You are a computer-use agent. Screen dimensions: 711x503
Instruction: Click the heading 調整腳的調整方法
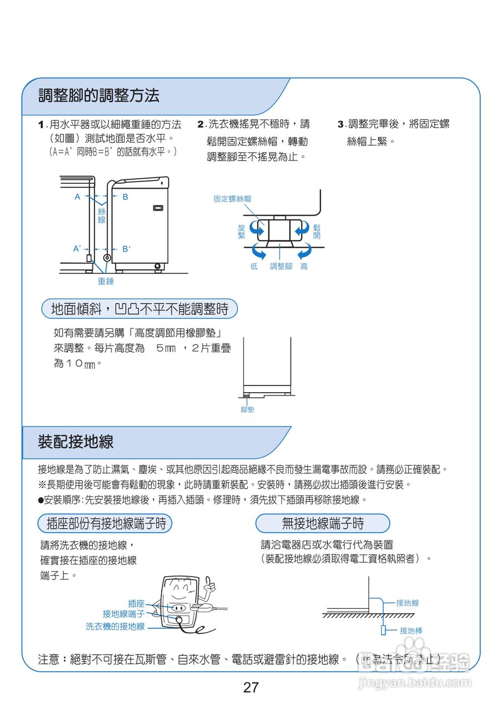click(98, 96)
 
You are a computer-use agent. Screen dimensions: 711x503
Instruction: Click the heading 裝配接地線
click(76, 442)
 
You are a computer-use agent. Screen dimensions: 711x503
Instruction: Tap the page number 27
click(251, 688)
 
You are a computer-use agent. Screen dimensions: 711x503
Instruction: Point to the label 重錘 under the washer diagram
click(106, 282)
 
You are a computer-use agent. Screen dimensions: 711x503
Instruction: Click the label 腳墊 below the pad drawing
click(247, 409)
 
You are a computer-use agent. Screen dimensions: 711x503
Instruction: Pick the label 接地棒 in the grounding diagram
click(411, 631)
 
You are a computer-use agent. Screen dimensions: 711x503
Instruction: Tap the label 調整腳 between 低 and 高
click(281, 267)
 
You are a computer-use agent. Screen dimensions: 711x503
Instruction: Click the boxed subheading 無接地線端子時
click(322, 523)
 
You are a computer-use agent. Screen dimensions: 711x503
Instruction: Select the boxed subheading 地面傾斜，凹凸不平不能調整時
click(140, 309)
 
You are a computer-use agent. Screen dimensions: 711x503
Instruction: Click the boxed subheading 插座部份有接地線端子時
click(106, 523)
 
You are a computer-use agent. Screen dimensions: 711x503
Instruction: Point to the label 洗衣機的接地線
click(115, 626)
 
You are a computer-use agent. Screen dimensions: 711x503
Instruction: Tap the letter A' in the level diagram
click(77, 249)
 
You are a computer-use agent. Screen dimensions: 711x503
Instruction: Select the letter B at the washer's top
click(125, 197)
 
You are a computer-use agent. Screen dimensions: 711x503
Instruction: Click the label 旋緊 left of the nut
click(241, 232)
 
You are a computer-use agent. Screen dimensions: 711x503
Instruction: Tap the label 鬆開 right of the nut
click(317, 232)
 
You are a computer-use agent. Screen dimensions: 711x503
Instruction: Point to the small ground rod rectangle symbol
click(384, 630)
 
